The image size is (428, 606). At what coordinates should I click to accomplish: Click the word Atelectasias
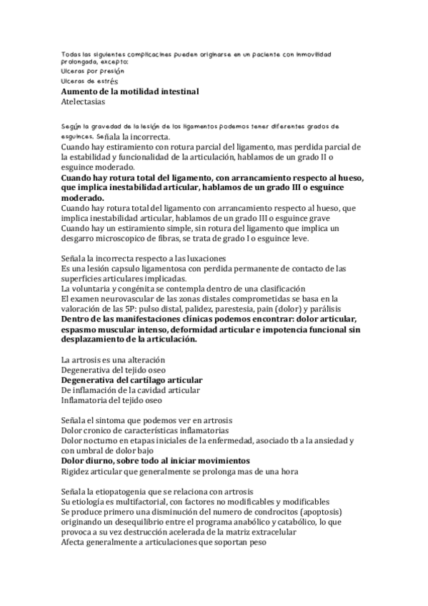83,102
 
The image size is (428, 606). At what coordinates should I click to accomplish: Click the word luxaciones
206,257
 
